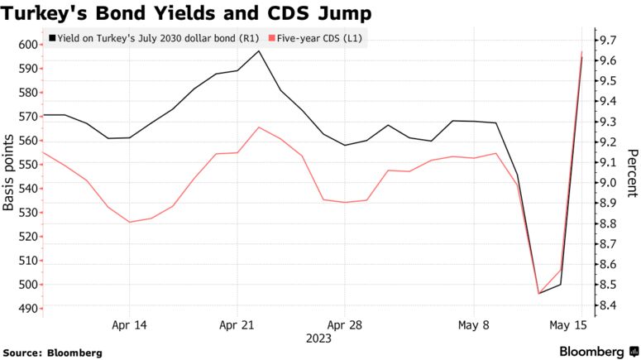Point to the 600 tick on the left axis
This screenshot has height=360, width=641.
(x=26, y=45)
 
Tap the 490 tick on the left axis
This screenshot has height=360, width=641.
(x=26, y=309)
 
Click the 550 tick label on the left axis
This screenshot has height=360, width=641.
(x=26, y=165)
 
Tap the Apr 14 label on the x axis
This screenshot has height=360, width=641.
(x=129, y=325)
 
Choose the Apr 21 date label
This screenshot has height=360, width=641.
(x=237, y=325)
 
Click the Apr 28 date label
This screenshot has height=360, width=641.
(x=344, y=325)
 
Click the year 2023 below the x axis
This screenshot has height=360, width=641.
(x=318, y=338)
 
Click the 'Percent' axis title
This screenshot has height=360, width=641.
(x=632, y=174)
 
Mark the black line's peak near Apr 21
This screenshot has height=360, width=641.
(x=259, y=51)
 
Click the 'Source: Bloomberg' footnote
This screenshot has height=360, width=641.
(x=52, y=353)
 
